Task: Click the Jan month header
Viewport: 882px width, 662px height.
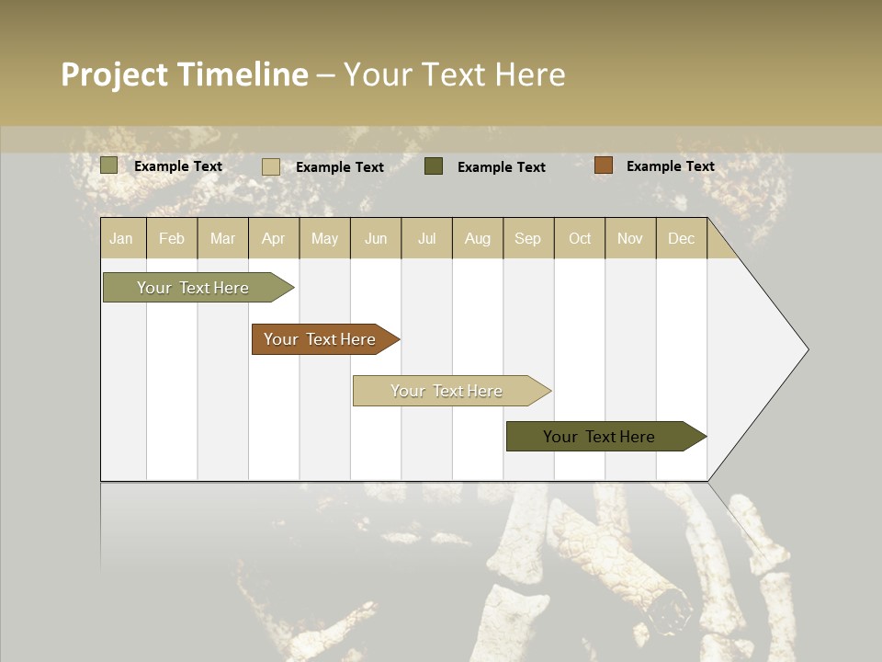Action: click(121, 238)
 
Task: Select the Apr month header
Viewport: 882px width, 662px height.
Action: click(274, 238)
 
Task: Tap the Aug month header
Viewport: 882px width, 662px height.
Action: click(478, 238)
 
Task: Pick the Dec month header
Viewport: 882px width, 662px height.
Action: click(682, 238)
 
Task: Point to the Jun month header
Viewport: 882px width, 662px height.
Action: click(376, 238)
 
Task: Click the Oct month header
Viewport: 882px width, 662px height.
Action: click(580, 238)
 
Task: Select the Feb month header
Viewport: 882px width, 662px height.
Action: click(172, 238)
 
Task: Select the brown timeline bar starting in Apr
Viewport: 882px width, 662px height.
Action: click(322, 339)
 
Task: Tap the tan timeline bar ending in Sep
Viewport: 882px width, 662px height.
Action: click(448, 391)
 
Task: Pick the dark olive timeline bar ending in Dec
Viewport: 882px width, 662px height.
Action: click(602, 437)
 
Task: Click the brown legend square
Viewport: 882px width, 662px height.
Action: click(603, 165)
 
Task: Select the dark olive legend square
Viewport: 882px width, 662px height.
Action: click(434, 166)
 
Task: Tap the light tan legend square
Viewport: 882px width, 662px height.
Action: click(271, 166)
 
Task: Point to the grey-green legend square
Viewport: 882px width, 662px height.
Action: click(109, 165)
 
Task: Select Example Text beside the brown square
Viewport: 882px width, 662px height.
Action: click(670, 166)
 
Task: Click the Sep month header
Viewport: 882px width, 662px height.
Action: click(527, 238)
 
